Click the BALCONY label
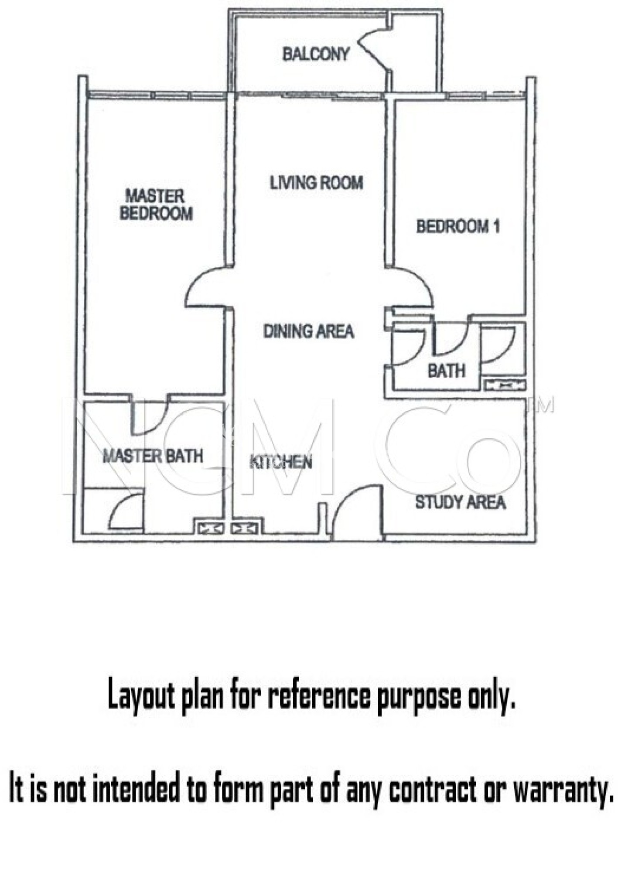tap(316, 54)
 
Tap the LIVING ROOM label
tap(316, 183)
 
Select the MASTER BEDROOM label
tap(156, 205)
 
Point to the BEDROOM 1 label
tap(458, 227)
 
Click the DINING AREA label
tap(308, 331)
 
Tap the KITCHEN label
tap(281, 462)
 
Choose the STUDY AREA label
tap(460, 502)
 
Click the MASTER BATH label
tap(153, 456)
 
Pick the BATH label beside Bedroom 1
tap(446, 371)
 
